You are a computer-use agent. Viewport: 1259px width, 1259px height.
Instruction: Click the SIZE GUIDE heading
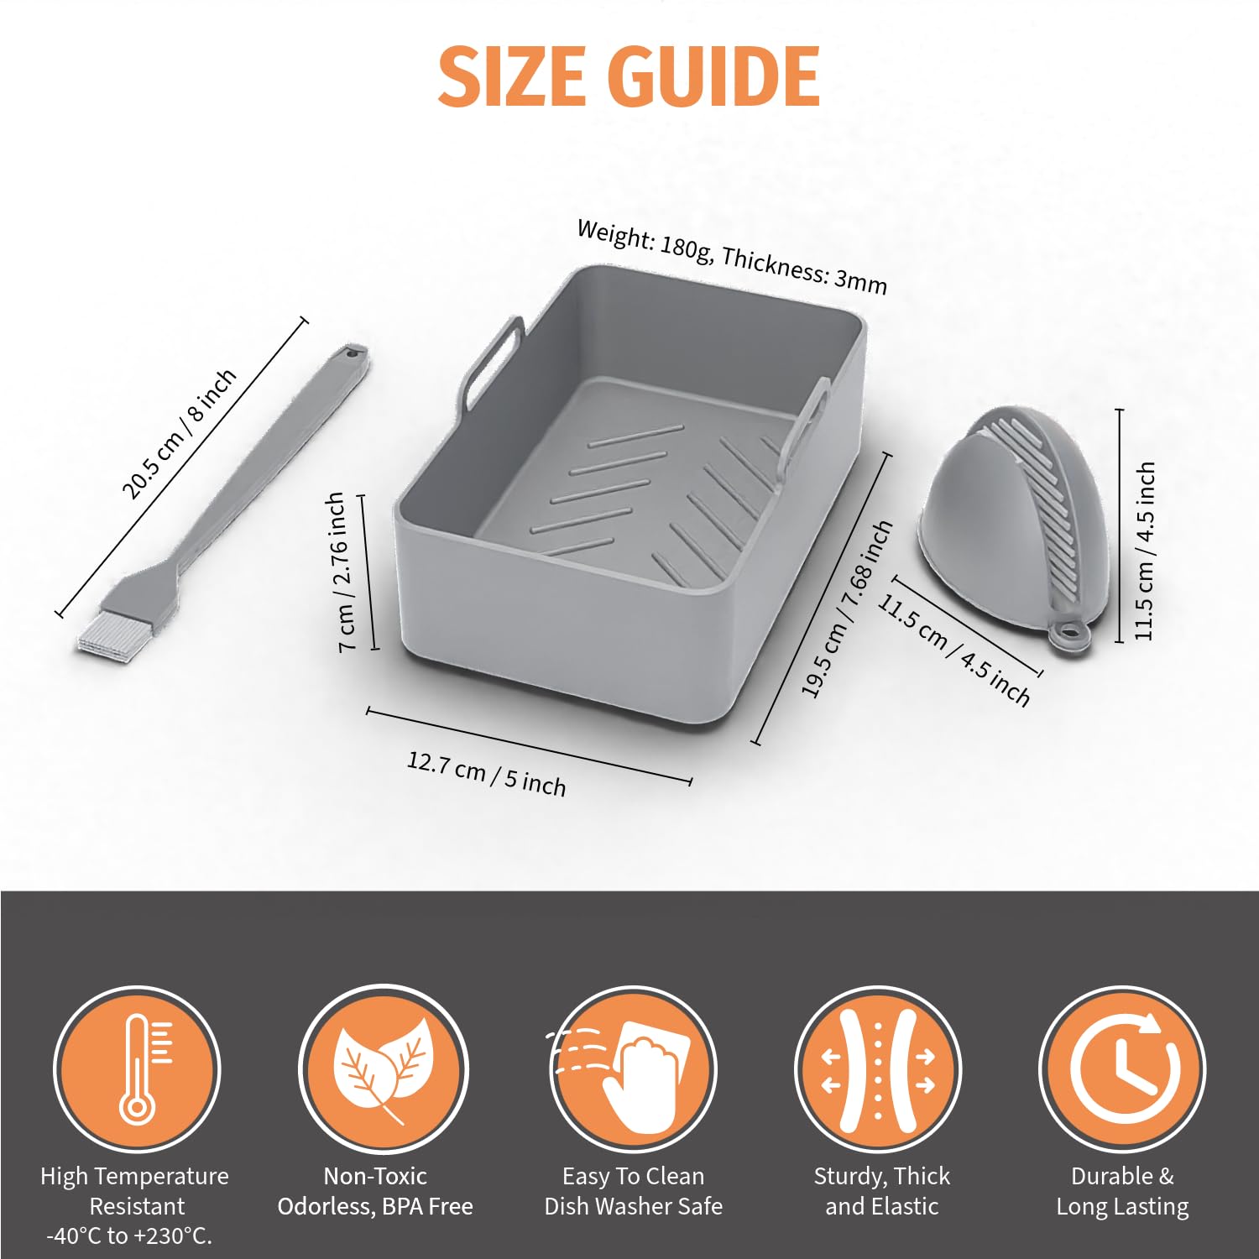click(x=629, y=76)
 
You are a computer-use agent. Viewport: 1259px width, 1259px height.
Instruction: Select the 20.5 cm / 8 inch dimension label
click(x=180, y=434)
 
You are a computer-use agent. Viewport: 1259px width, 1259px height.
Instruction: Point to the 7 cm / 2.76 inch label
click(x=342, y=572)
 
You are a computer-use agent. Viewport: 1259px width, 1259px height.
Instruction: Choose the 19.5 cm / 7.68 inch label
click(x=846, y=609)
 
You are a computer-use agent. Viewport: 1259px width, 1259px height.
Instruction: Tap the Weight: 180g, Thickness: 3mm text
click(x=731, y=257)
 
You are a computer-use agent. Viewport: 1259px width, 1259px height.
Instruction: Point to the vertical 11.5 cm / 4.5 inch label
click(x=1145, y=551)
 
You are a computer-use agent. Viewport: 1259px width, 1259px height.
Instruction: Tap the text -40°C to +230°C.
click(x=129, y=1235)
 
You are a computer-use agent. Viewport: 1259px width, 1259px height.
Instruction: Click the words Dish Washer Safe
click(x=633, y=1206)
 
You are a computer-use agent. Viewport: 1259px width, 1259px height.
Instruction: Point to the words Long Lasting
click(x=1122, y=1207)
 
